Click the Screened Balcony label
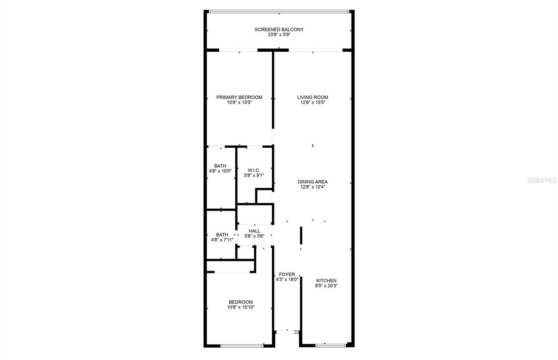[279, 30]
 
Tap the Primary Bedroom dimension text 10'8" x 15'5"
[239, 102]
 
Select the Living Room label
[312, 97]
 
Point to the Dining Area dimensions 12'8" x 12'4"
[312, 187]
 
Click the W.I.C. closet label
[254, 170]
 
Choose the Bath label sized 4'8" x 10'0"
[220, 166]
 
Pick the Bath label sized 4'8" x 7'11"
[222, 235]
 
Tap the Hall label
[254, 231]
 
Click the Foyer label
[287, 275]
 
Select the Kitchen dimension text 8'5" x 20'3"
[326, 286]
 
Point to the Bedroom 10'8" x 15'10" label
[241, 302]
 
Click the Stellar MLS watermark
[542, 180]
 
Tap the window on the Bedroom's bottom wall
[242, 346]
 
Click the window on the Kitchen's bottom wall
[330, 345]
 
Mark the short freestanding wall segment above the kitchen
[301, 236]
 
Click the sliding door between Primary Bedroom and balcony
[238, 50]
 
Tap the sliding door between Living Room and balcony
[316, 50]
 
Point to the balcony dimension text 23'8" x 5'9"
[279, 35]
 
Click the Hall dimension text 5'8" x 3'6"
[254, 236]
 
